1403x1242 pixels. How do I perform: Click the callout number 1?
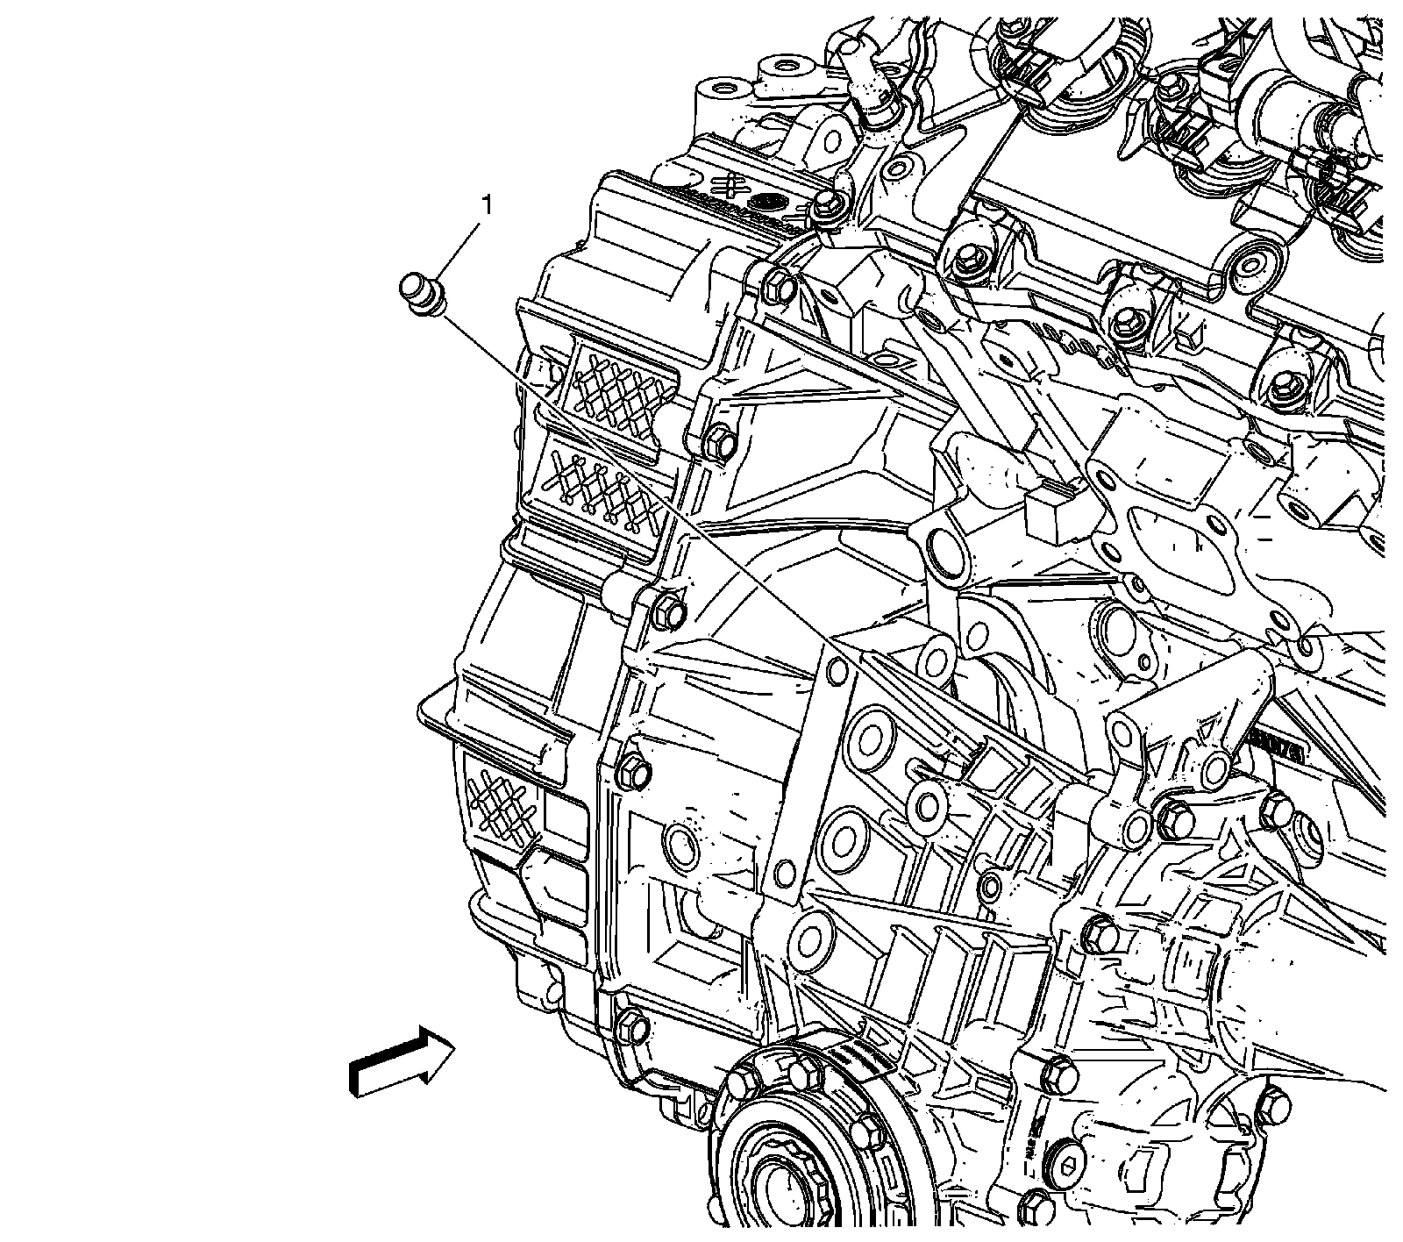484,206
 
